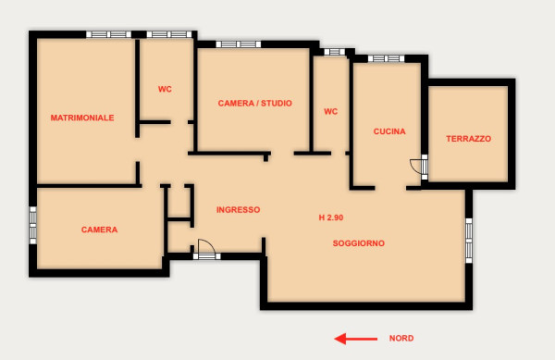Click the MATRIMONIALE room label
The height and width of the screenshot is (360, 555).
82,118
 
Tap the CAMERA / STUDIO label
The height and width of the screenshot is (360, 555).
255,103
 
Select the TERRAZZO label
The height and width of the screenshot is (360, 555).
468,139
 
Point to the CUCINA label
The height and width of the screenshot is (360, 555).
389,131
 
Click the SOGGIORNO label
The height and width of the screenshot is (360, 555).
359,243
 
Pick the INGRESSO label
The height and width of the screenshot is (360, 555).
239,209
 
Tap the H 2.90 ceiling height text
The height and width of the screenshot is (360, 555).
331,217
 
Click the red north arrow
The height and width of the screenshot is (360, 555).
356,339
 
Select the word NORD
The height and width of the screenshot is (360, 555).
401,338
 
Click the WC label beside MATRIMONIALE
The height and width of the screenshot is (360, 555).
165,89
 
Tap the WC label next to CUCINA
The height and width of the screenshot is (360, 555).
330,111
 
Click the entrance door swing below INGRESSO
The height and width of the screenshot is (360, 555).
206,247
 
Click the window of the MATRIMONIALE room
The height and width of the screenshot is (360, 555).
108,34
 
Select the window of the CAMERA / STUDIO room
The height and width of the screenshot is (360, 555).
239,44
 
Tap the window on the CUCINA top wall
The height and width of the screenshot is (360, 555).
386,58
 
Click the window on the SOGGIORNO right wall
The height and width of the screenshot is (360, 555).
469,241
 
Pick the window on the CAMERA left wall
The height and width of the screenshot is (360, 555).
32,226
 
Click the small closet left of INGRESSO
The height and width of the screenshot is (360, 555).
179,203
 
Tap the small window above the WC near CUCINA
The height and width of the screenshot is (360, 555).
335,52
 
